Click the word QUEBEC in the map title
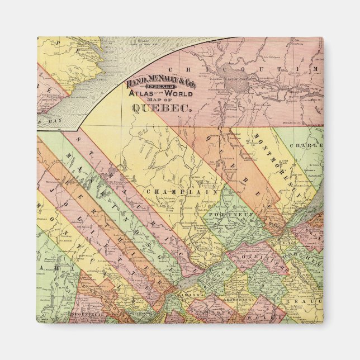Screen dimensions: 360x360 pos(162,110)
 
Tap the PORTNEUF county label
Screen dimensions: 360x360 pos(223,214)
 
